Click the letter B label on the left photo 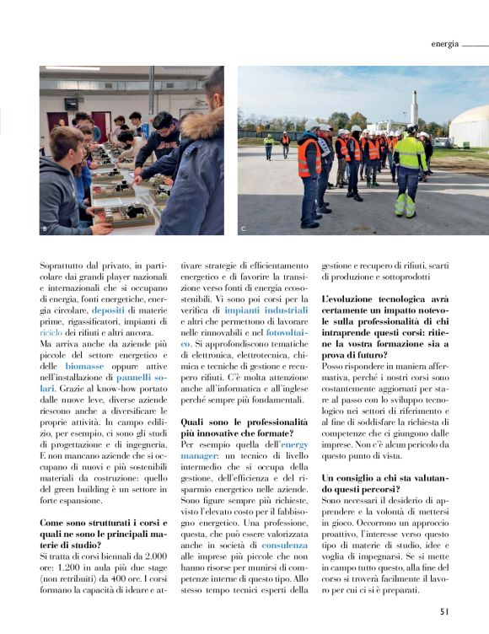coord(44,228)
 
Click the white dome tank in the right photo coord(469,127)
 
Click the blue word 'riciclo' coord(51,333)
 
